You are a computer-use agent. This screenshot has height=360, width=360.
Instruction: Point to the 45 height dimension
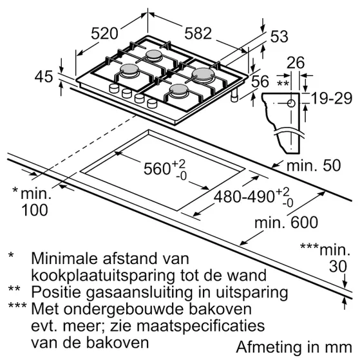click(43, 77)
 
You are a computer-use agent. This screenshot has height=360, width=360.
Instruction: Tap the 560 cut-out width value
click(157, 170)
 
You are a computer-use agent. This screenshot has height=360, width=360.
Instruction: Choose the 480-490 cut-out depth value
click(241, 194)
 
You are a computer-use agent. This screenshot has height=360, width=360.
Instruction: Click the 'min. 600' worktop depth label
click(278, 223)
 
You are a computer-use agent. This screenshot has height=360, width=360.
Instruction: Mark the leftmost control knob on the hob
click(114, 88)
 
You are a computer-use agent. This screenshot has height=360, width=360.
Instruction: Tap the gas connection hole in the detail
click(292, 103)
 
